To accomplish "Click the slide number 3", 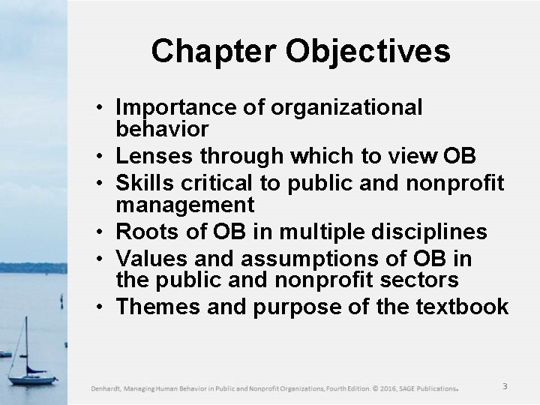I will (x=505, y=386).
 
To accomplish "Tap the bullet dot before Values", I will (x=99, y=258).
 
